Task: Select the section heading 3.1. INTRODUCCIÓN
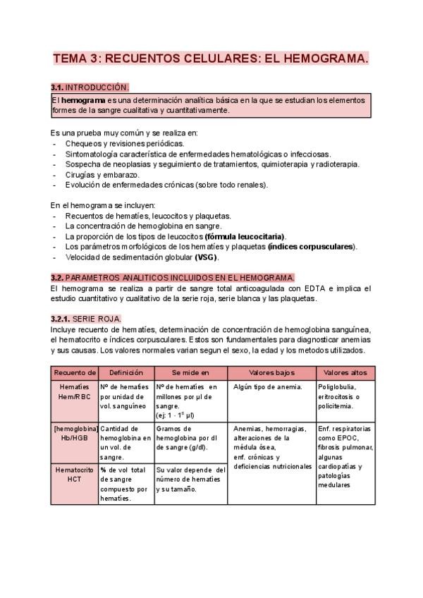[90, 87]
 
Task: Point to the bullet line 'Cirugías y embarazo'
[102, 174]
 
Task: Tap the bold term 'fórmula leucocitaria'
[244, 236]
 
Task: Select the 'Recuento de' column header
[75, 372]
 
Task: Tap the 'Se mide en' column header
[191, 372]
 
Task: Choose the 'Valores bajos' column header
[272, 372]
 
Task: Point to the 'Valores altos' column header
[345, 372]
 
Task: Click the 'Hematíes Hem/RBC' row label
[75, 391]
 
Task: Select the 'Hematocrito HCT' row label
[75, 473]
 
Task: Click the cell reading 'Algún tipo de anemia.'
[267, 386]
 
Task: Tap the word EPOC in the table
[348, 437]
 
